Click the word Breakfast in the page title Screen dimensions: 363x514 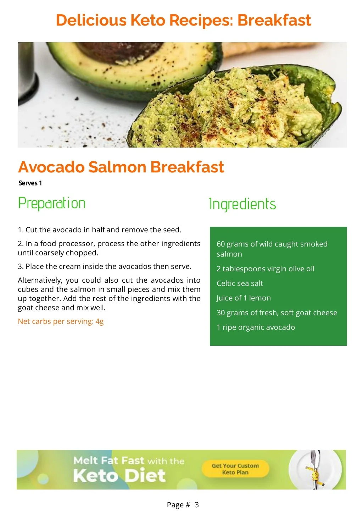point(274,20)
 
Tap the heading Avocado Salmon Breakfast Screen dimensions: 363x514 point(121,167)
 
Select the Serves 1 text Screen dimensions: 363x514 point(30,183)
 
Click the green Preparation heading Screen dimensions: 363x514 point(52,203)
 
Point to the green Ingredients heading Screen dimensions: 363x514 point(242,204)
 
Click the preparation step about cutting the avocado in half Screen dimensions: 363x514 point(100,230)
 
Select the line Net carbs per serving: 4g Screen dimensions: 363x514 point(61,321)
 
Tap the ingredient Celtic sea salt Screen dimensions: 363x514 point(240,283)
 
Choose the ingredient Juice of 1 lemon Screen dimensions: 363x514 point(244,298)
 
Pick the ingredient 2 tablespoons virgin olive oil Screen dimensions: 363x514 point(265,269)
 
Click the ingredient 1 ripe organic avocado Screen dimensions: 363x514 point(256,327)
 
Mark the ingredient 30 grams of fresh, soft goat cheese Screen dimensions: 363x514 point(277,313)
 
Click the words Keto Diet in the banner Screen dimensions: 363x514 point(119,476)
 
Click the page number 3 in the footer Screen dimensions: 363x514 point(197,504)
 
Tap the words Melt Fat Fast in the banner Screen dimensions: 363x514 point(109,460)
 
